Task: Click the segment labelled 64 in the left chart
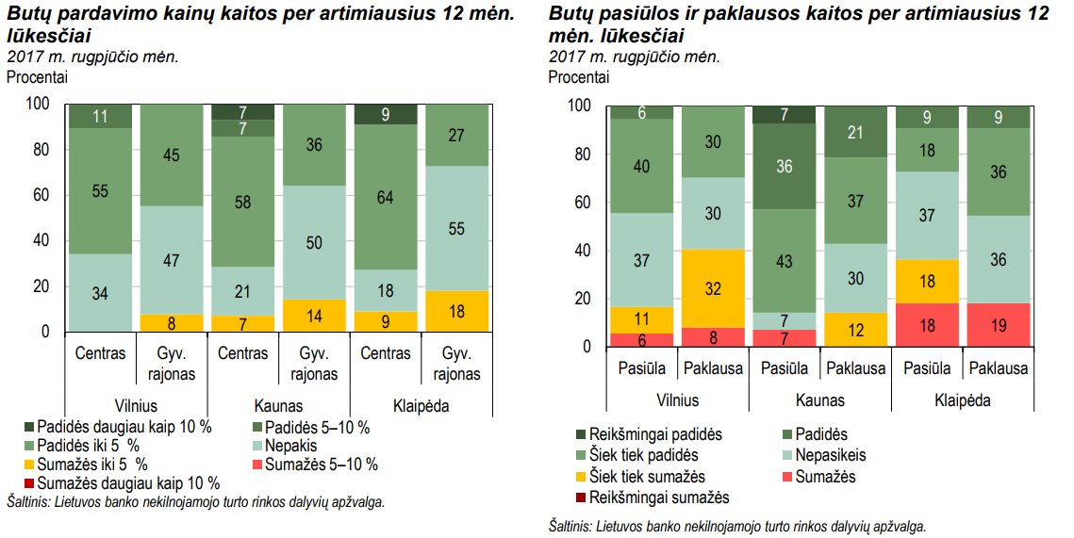pyautogui.click(x=386, y=197)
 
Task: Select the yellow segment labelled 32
pyautogui.click(x=713, y=288)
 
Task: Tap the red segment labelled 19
pyautogui.click(x=999, y=325)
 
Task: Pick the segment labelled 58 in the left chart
pyautogui.click(x=242, y=202)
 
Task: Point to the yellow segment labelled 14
pyautogui.click(x=314, y=316)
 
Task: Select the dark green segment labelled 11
pyautogui.click(x=100, y=116)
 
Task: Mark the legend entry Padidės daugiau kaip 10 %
pyautogui.click(x=126, y=427)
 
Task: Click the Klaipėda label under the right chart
pyautogui.click(x=963, y=399)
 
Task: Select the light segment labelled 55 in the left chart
pyautogui.click(x=457, y=228)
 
